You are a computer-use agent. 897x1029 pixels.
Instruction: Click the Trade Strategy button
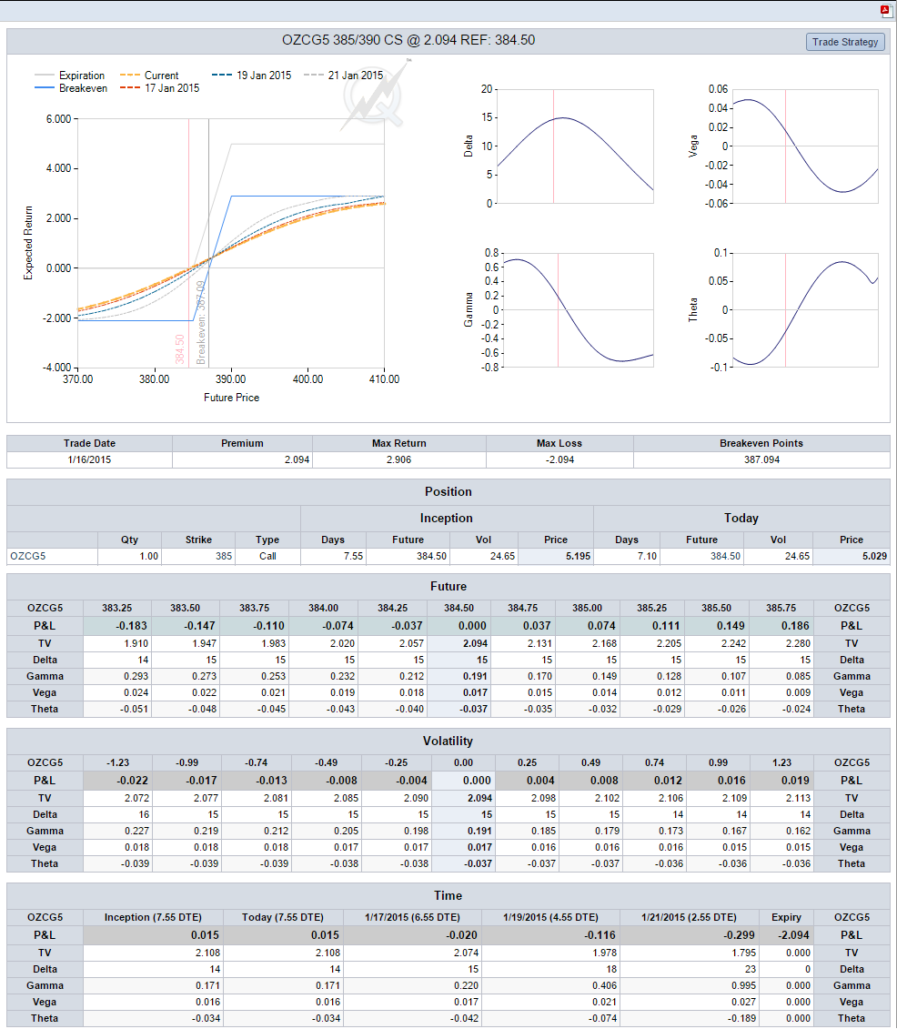(x=845, y=42)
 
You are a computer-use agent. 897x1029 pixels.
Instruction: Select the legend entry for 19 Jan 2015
(x=252, y=76)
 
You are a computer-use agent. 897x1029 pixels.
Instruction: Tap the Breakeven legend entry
(x=71, y=88)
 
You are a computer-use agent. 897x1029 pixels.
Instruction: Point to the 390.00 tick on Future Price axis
(x=231, y=378)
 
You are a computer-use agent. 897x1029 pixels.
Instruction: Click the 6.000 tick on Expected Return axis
(x=58, y=119)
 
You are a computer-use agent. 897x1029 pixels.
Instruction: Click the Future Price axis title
(x=232, y=398)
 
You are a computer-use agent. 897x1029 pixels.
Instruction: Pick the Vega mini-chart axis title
(x=693, y=146)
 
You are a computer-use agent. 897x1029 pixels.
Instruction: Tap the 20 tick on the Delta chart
(x=486, y=89)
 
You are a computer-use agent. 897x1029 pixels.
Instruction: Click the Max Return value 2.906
(x=399, y=460)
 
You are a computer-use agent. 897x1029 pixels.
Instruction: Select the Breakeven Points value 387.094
(x=761, y=460)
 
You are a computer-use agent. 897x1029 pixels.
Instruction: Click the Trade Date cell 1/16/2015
(x=89, y=460)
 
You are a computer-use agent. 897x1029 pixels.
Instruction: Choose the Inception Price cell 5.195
(x=578, y=557)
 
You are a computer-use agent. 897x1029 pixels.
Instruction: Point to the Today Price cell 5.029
(x=874, y=557)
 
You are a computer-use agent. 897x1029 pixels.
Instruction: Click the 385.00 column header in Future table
(x=588, y=609)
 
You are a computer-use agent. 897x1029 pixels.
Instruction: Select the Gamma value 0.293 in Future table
(x=136, y=677)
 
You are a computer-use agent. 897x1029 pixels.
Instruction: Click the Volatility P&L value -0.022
(x=133, y=781)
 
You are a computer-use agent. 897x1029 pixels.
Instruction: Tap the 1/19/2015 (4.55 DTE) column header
(x=550, y=917)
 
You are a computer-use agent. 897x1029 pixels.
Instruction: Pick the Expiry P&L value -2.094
(x=793, y=935)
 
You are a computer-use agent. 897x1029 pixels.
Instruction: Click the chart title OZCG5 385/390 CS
(x=343, y=40)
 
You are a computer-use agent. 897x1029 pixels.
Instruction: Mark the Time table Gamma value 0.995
(x=743, y=985)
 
